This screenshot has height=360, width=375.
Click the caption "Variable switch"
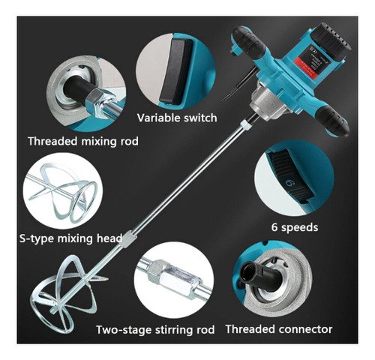tap(177, 118)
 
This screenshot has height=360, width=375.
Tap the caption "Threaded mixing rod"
tap(83, 141)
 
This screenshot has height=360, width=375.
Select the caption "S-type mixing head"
tap(71, 238)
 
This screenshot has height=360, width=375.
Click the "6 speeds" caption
tap(295, 227)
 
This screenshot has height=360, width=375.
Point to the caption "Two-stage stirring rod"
tap(155, 329)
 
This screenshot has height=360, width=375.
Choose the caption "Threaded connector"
tap(279, 329)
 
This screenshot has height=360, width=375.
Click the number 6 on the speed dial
tap(290, 183)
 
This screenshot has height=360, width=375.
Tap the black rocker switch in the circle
tap(175, 71)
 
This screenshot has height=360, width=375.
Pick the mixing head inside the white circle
tap(63, 193)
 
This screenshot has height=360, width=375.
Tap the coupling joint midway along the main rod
tap(128, 238)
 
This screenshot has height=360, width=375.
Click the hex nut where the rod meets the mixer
tap(245, 124)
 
